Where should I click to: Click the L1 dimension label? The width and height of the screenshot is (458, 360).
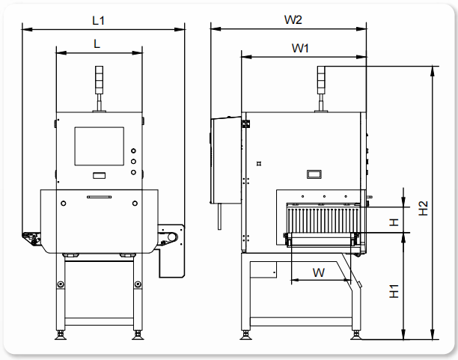tap(98, 20)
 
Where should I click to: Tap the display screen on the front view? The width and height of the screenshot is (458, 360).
tap(99, 146)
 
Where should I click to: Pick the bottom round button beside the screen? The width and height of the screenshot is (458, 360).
tap(134, 171)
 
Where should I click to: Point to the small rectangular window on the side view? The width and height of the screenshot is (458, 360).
tap(314, 174)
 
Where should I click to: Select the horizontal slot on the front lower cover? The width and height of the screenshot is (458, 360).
tap(98, 196)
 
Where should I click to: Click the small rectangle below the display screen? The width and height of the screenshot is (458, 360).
tap(98, 176)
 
